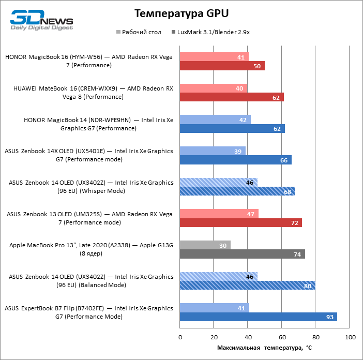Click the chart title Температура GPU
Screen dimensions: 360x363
pos(181,13)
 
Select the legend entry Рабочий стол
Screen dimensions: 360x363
pos(140,32)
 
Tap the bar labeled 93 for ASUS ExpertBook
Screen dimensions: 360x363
pos(258,317)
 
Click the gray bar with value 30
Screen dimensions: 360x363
pos(205,245)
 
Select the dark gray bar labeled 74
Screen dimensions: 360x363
pos(242,254)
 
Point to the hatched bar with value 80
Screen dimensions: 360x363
pos(247,286)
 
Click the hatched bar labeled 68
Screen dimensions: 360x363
pos(237,191)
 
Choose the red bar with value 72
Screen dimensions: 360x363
pos(240,223)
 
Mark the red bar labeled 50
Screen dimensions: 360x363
pos(222,66)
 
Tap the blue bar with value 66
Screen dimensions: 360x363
pos(235,160)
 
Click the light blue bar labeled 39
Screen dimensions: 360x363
pos(213,151)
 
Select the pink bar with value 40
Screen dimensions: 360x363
pos(214,88)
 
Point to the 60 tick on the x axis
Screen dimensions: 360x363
pos(282,337)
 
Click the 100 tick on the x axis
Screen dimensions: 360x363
pos(350,337)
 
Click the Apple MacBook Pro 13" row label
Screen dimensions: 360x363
pos(91,249)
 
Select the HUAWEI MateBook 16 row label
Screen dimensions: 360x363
pos(93,93)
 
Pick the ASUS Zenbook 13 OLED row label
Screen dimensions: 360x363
pos(89,218)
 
